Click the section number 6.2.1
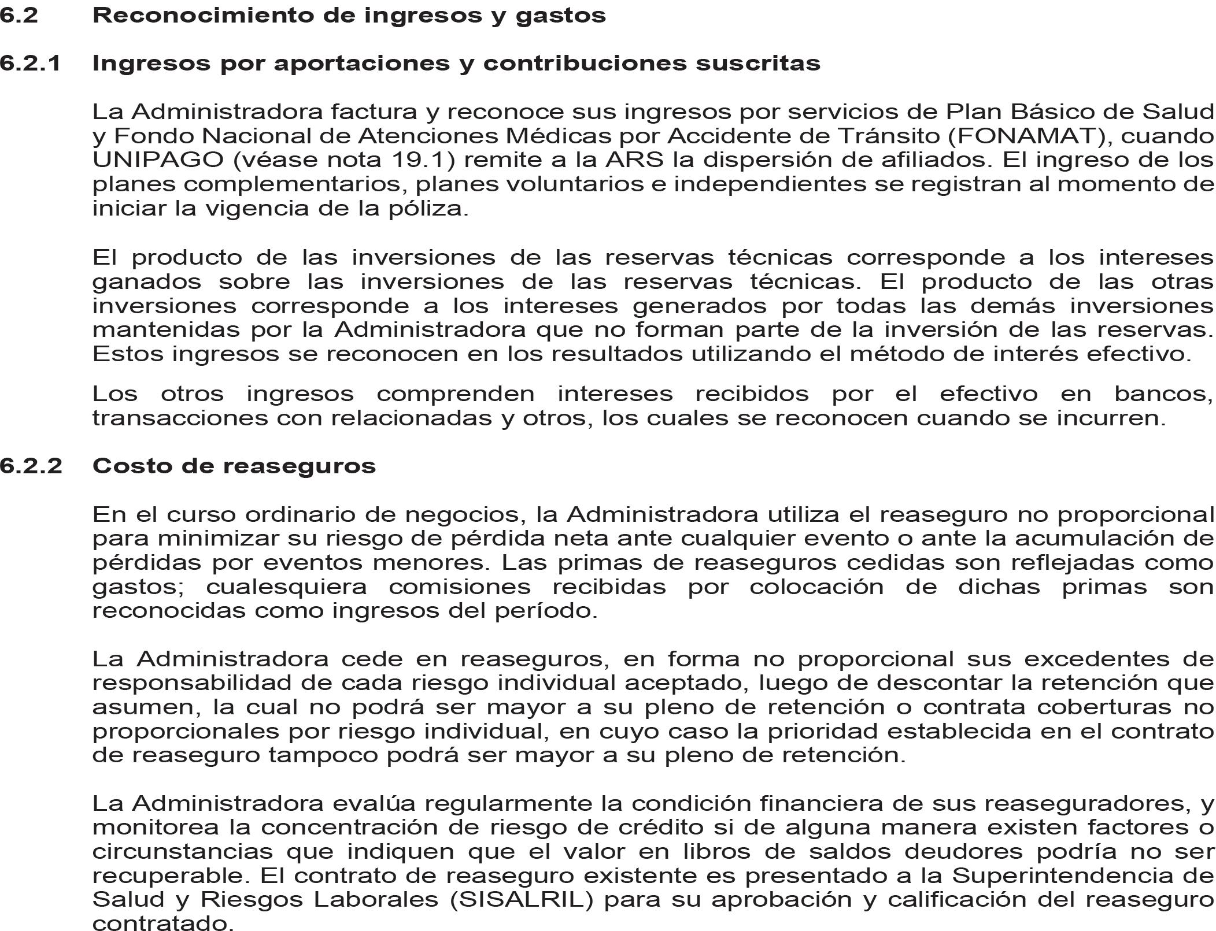[x=30, y=63]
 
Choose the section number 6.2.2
[x=31, y=466]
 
